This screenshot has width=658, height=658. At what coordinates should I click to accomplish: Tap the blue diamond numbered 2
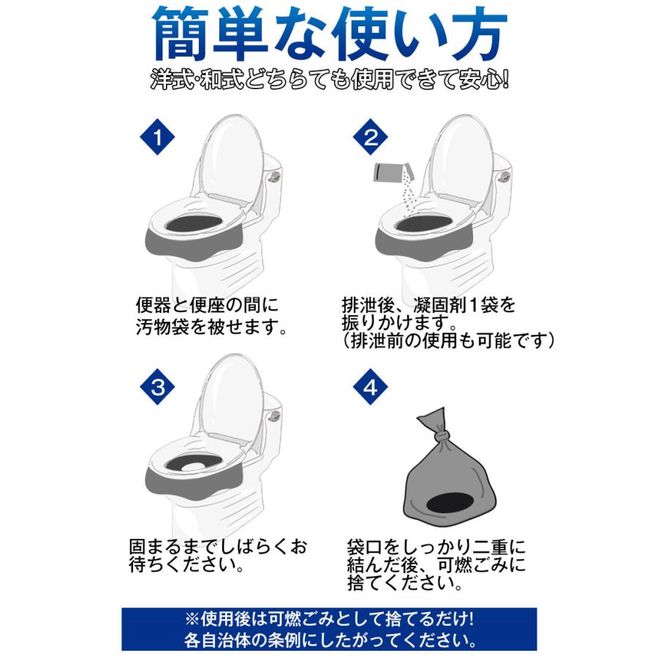[x=371, y=138]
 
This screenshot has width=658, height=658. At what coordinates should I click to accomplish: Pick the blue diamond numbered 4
[x=371, y=387]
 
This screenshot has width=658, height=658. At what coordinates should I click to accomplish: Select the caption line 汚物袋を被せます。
[x=211, y=325]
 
